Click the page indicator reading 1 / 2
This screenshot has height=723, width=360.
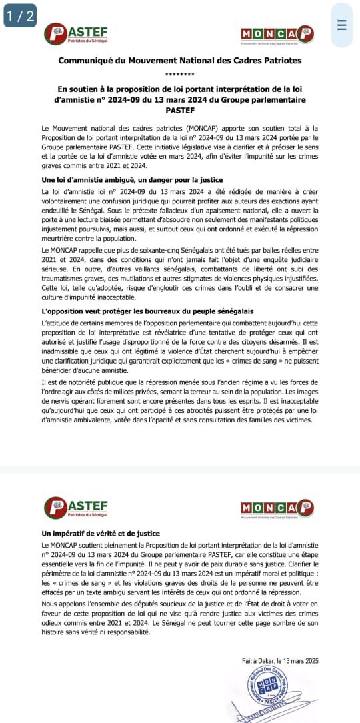click(20, 17)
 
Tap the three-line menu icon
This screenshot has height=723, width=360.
click(341, 25)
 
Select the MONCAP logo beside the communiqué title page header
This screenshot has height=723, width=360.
click(276, 35)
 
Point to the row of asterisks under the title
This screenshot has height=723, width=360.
click(179, 74)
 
